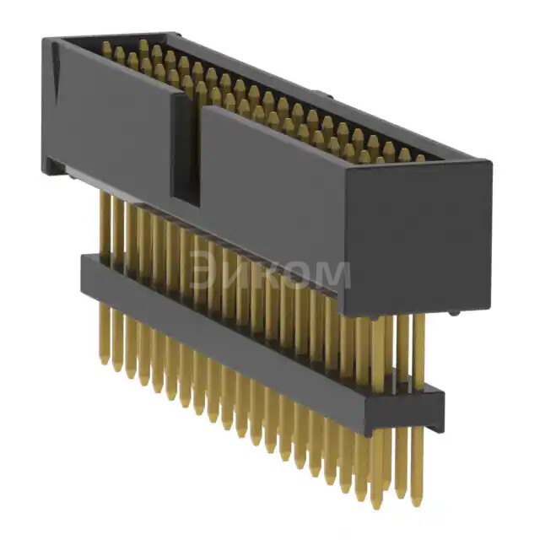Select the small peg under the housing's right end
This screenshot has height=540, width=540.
coord(454,313)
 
